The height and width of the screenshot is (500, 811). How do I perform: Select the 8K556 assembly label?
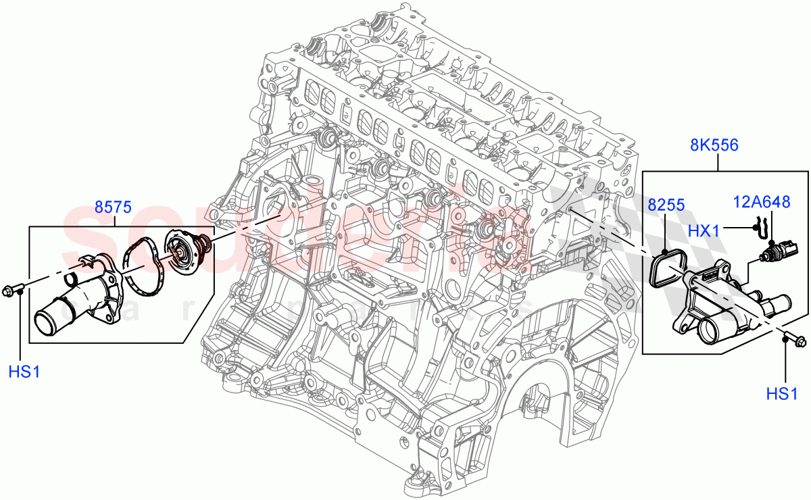pyautogui.click(x=714, y=145)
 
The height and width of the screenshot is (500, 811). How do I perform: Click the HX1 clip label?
pyautogui.click(x=704, y=230)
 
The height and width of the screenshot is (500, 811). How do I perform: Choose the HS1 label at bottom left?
pyautogui.click(x=25, y=371)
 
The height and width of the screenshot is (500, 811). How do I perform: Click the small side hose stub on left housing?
pyautogui.click(x=73, y=277)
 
